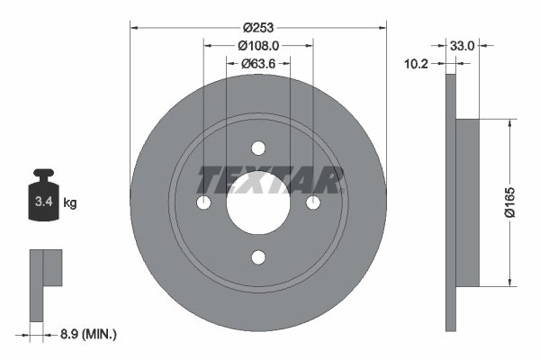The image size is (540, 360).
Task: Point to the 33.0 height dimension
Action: point(463,43)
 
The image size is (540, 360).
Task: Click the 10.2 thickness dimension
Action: point(416,64)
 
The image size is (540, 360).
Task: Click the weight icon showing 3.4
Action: point(43,200)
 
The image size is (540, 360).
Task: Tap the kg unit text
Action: point(70,204)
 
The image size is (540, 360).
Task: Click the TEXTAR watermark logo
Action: point(270,181)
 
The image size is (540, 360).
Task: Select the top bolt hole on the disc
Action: point(258,148)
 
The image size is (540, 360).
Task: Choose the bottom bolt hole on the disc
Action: point(258,258)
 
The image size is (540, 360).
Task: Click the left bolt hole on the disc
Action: point(203,203)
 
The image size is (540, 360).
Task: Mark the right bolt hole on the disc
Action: point(313,203)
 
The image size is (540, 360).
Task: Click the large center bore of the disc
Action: point(258,203)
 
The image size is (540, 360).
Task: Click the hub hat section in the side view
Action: point(468,203)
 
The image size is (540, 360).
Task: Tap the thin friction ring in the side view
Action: point(450,203)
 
